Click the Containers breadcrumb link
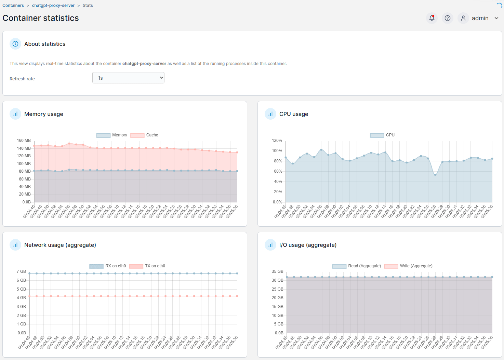tap(13, 5)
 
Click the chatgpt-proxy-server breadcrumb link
tap(53, 5)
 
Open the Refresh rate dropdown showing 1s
tap(128, 78)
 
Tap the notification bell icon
tap(432, 18)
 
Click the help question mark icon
tap(447, 18)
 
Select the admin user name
tap(480, 18)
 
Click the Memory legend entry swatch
tap(103, 135)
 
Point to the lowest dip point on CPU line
tap(435, 175)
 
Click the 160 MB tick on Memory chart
tap(24, 141)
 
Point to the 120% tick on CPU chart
tap(277, 141)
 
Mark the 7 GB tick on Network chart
tap(21, 271)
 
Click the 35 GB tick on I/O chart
tap(277, 271)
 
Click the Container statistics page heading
tap(41, 18)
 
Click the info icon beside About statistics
tap(15, 44)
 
